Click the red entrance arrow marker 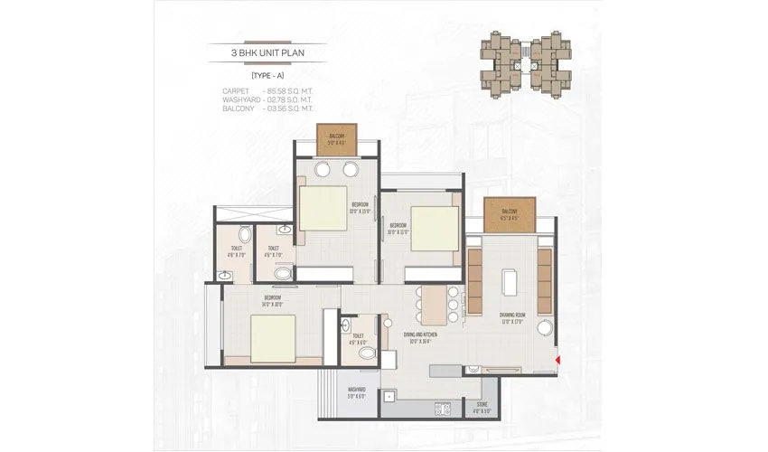(x=558, y=360)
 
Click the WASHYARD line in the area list (x=267, y=99)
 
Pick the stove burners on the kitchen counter (x=443, y=409)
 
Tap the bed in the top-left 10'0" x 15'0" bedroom (x=323, y=209)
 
